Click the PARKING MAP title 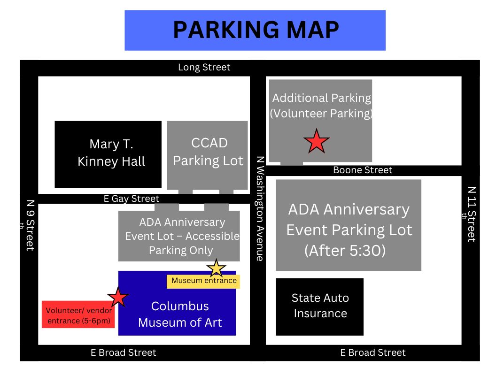[256, 30]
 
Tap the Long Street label [204, 67]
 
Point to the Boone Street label [363, 170]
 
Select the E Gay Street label [131, 199]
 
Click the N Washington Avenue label [260, 208]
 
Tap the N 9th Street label [29, 225]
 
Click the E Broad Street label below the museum [124, 352]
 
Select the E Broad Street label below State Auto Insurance [373, 352]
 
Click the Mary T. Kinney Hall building [108, 154]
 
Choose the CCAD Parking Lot [207, 155]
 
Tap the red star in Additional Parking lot [316, 141]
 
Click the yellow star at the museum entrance [217, 268]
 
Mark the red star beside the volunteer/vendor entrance [118, 297]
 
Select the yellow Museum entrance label [203, 281]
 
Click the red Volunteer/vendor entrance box [78, 314]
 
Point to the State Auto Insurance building [319, 307]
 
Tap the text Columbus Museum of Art [180, 314]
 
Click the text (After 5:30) [345, 251]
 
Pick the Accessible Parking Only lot [179, 236]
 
